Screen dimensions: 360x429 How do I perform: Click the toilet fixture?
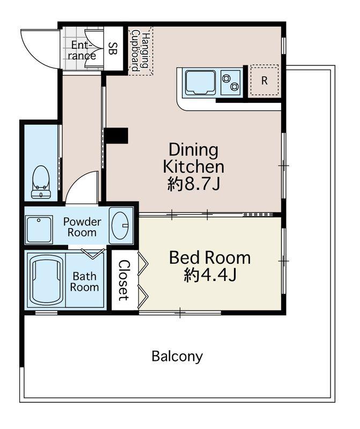point(41,182)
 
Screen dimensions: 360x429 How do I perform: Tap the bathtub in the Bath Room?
point(46,282)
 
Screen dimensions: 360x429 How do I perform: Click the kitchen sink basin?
point(201,82)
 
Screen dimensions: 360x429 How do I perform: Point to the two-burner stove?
point(231,83)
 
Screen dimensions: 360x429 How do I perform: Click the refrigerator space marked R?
point(265,80)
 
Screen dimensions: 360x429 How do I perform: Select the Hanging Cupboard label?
point(141,51)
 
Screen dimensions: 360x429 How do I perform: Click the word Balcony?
point(178,357)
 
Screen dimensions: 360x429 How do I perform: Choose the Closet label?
point(124,280)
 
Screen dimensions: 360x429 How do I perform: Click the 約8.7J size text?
point(194,184)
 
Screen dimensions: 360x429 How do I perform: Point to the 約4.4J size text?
point(210,275)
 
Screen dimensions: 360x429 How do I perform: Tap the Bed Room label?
point(210,257)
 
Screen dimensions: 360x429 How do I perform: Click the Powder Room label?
point(82,227)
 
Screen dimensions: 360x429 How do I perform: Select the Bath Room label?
point(85,282)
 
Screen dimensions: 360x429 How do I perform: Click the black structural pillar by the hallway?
point(117,136)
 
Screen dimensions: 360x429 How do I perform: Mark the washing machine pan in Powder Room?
point(39,229)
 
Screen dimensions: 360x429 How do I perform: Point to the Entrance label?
point(82,50)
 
